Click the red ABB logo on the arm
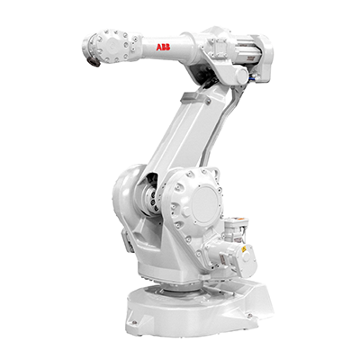pyautogui.click(x=163, y=47)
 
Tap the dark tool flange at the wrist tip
pyautogui.click(x=94, y=62)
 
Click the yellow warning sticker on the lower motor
pyautogui.click(x=244, y=248)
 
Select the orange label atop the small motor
pyautogui.click(x=239, y=220)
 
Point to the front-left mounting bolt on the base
pyautogui.click(x=135, y=322)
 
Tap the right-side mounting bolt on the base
pyautogui.click(x=250, y=315)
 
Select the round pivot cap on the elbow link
pyautogui.click(x=241, y=75)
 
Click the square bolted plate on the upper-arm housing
pyautogui.click(x=218, y=48)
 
